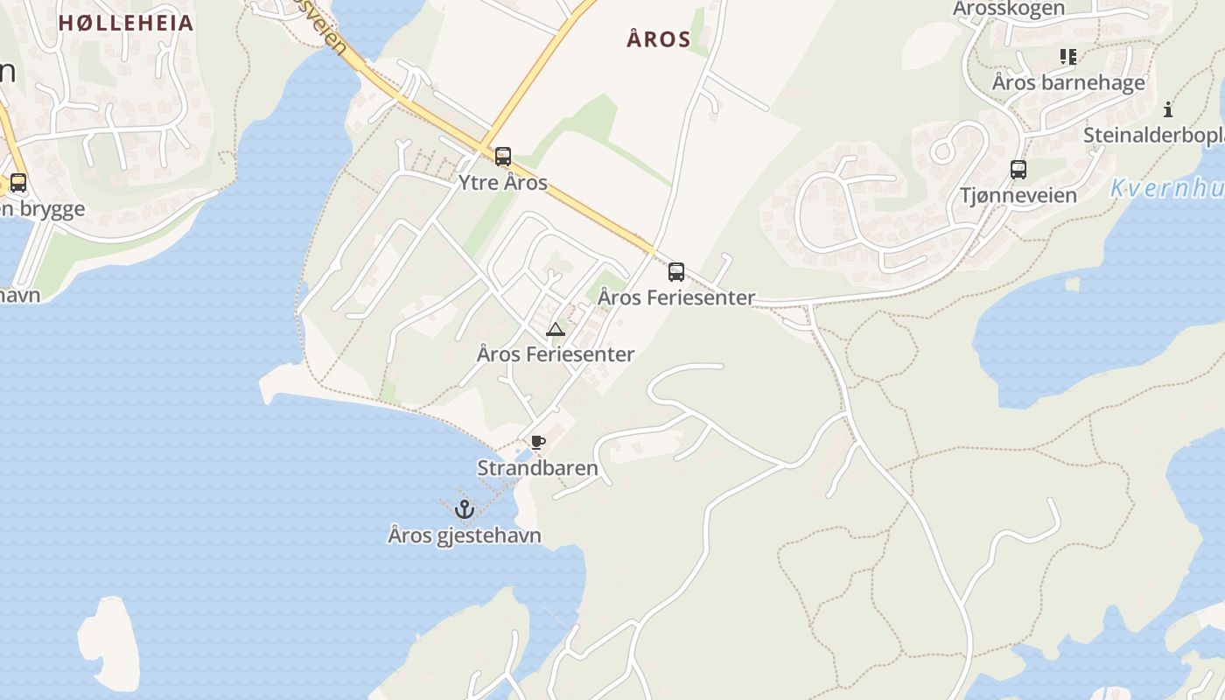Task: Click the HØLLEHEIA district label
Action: (126, 23)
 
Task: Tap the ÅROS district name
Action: (659, 39)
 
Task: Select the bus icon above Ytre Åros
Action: (503, 157)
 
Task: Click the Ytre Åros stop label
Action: (503, 183)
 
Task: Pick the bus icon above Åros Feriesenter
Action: (676, 272)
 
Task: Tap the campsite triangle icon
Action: (556, 330)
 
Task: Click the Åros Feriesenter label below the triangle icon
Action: (556, 354)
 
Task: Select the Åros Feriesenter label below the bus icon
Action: (676, 297)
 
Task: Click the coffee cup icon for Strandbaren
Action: (538, 443)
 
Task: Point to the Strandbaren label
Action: (537, 468)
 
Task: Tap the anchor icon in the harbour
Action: (465, 508)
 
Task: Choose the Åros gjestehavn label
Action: (465, 535)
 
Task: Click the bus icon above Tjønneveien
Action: (1018, 170)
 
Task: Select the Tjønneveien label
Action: (1018, 195)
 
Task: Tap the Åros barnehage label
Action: (1068, 83)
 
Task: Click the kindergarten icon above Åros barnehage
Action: (1068, 57)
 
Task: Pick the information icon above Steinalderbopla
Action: (1168, 110)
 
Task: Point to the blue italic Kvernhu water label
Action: (1168, 188)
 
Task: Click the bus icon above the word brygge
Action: (18, 183)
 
